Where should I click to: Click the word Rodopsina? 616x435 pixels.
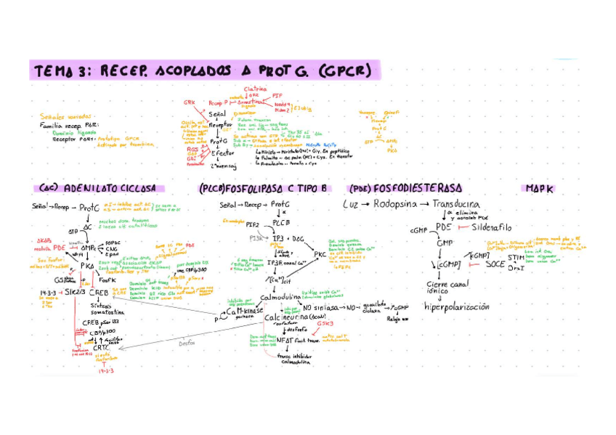(397, 204)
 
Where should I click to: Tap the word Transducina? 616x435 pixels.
(455, 204)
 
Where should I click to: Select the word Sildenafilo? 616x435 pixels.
(492, 227)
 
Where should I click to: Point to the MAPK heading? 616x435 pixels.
(538, 189)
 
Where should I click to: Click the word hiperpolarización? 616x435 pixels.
(457, 306)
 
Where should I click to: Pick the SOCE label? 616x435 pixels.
(495, 264)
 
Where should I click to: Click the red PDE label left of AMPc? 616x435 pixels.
(60, 247)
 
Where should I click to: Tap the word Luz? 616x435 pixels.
(351, 205)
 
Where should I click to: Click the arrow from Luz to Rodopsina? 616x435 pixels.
(366, 205)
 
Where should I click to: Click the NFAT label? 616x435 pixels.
(285, 339)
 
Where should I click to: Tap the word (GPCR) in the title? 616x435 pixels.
(344, 71)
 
